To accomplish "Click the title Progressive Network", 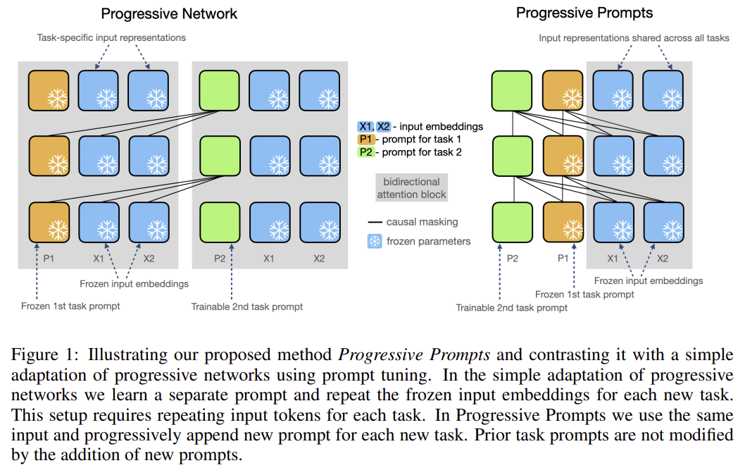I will pos(169,13).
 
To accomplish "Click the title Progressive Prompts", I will pos(584,13).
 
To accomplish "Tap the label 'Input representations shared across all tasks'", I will pos(634,37).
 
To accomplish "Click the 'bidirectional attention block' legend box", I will pos(411,187).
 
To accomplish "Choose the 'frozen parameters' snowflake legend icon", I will pos(374,241).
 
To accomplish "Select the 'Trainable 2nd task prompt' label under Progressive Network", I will pos(246,306).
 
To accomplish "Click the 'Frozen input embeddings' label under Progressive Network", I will pos(134,284).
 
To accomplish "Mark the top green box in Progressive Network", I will pos(220,91).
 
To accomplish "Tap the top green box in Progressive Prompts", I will pos(512,91).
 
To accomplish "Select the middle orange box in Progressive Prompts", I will pos(563,156).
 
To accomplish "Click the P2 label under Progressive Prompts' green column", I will pos(512,259).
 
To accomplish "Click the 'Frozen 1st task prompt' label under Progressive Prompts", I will pos(584,294).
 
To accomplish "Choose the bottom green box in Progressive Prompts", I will pos(512,222).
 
